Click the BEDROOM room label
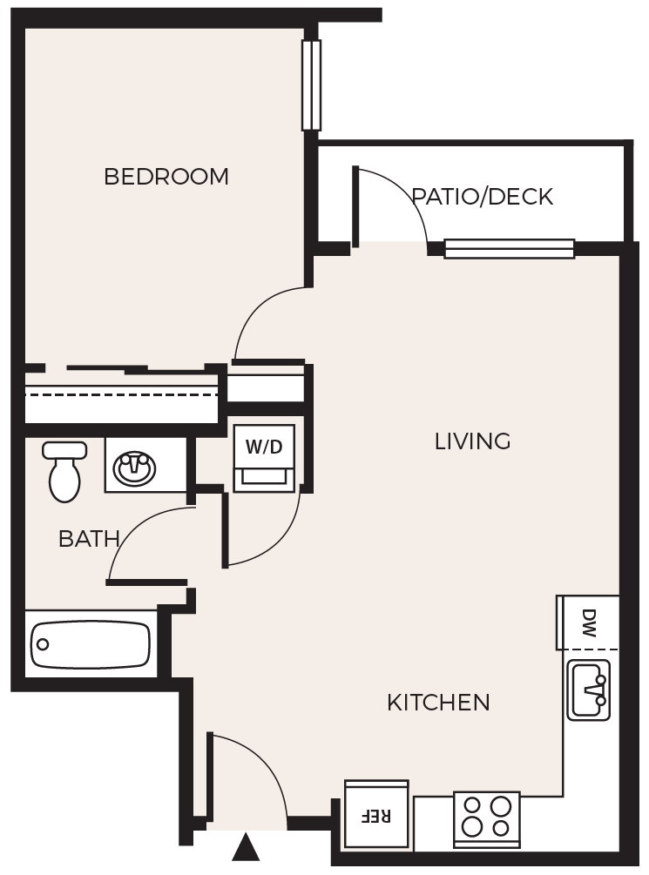click(x=166, y=177)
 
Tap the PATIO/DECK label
click(x=482, y=197)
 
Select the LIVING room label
click(x=472, y=441)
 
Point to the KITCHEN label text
click(x=438, y=702)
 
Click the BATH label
click(x=89, y=539)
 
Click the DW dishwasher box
click(x=588, y=623)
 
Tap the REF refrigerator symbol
click(x=376, y=815)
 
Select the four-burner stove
click(x=486, y=818)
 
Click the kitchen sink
click(x=589, y=690)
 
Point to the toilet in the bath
click(x=64, y=470)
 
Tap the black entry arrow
click(x=247, y=846)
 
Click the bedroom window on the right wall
click(x=311, y=85)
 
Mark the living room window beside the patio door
click(x=510, y=249)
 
